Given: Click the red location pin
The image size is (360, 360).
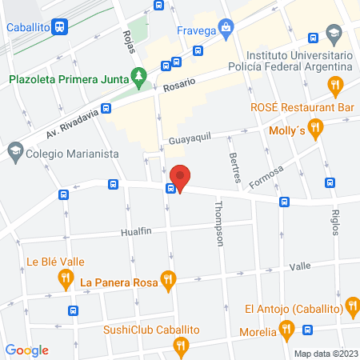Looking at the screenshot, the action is click(181, 177).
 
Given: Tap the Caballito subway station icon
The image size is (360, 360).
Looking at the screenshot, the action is click(60, 26).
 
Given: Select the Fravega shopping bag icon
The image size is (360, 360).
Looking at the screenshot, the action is click(227, 28).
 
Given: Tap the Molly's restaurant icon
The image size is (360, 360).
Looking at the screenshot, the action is click(317, 126).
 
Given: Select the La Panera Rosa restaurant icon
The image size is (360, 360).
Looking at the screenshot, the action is click(166, 280).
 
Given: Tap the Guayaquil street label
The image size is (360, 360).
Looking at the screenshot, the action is click(190, 138).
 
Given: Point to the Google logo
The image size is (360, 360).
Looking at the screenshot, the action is click(27, 350).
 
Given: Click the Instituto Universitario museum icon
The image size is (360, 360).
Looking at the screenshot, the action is click(334, 35).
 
